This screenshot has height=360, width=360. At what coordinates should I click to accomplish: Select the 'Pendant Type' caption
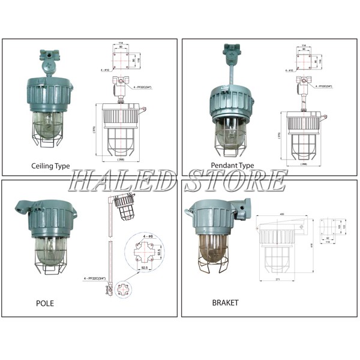[232, 166]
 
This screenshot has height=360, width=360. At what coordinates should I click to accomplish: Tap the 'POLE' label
[44, 303]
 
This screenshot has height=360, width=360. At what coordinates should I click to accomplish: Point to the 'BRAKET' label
[225, 303]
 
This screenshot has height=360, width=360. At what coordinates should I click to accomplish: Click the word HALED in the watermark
[125, 180]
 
